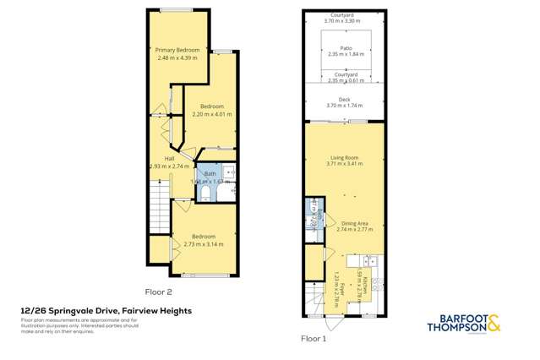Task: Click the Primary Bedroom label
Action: click(x=177, y=50)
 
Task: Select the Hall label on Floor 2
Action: click(x=169, y=158)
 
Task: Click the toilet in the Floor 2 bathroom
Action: click(x=205, y=194)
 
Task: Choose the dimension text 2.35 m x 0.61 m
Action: click(x=344, y=80)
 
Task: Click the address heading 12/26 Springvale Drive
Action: click(x=106, y=311)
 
